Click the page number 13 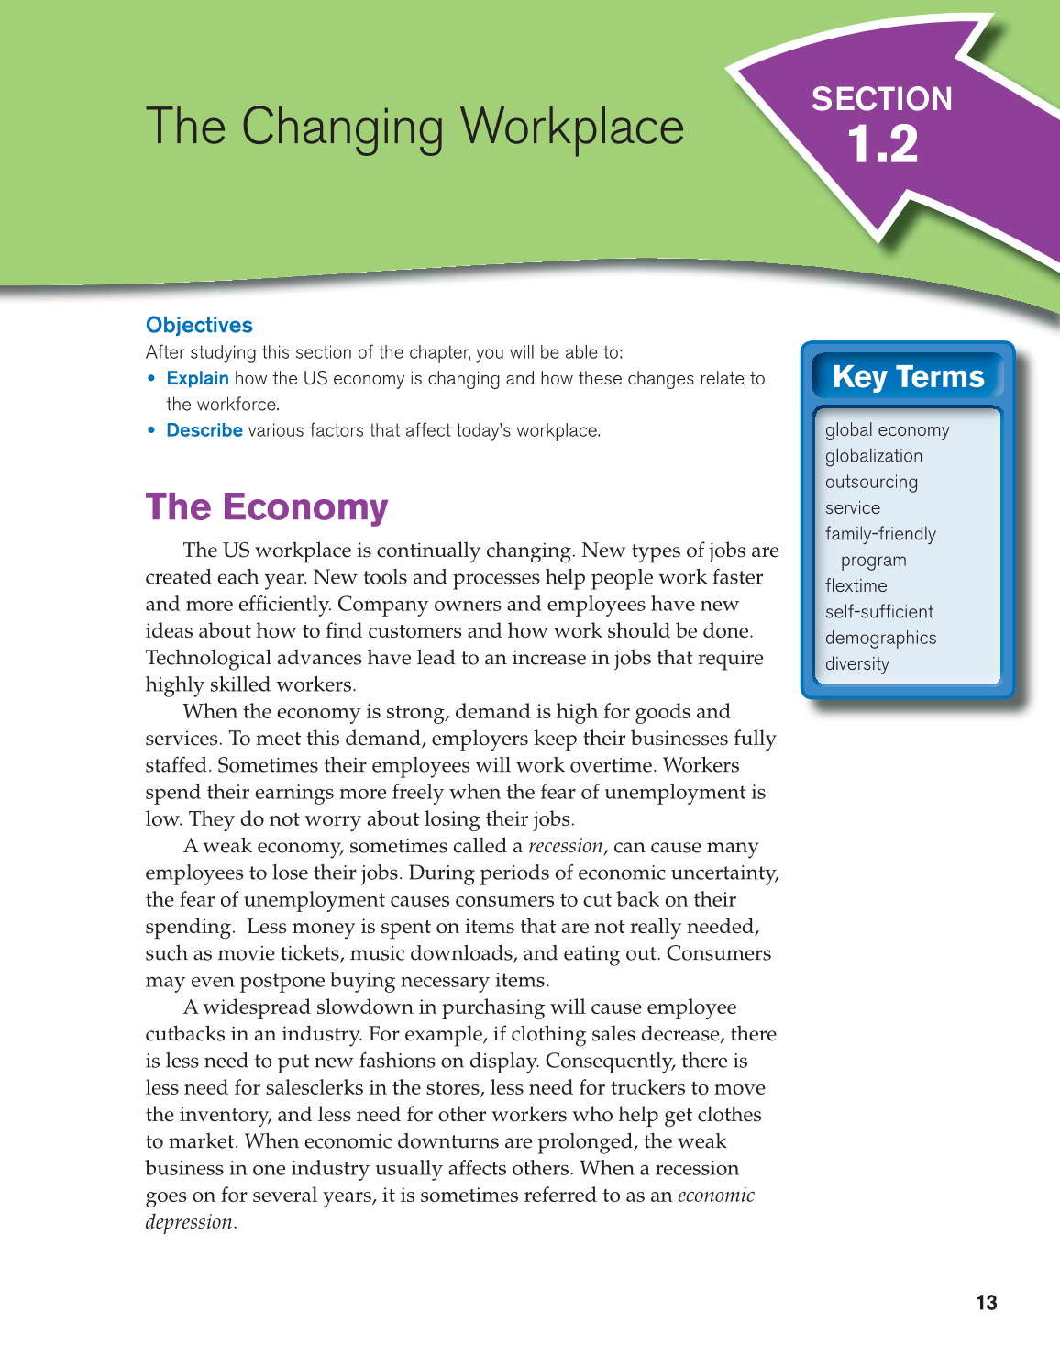pyautogui.click(x=986, y=1303)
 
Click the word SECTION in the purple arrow pyautogui.click(x=881, y=99)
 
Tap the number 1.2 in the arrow pyautogui.click(x=882, y=145)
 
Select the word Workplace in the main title pyautogui.click(x=572, y=127)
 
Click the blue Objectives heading pyautogui.click(x=199, y=326)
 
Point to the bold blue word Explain pyautogui.click(x=197, y=378)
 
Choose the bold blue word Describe pyautogui.click(x=204, y=430)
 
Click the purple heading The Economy pyautogui.click(x=267, y=507)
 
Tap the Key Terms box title pyautogui.click(x=908, y=377)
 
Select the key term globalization pyautogui.click(x=874, y=456)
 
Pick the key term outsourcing pyautogui.click(x=871, y=482)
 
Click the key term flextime pyautogui.click(x=856, y=585)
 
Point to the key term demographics pyautogui.click(x=880, y=638)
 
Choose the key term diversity pyautogui.click(x=856, y=663)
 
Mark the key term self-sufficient pyautogui.click(x=878, y=612)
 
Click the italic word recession pyautogui.click(x=566, y=846)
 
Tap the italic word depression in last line pyautogui.click(x=189, y=1222)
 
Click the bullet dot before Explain pyautogui.click(x=152, y=378)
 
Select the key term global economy pyautogui.click(x=887, y=430)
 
